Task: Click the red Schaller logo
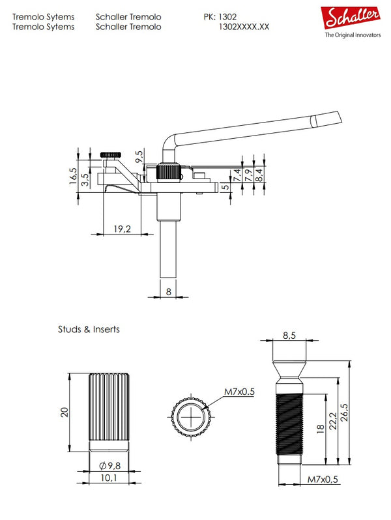click(x=352, y=19)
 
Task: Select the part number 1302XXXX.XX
click(x=242, y=27)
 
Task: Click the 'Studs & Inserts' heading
click(x=89, y=330)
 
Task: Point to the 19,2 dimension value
click(x=123, y=228)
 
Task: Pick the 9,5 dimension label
click(x=139, y=156)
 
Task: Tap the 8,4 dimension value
click(x=259, y=174)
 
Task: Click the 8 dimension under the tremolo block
click(x=169, y=293)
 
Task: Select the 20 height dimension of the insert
click(x=65, y=413)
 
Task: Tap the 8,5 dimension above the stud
click(x=289, y=336)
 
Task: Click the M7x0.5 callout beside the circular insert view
click(x=239, y=392)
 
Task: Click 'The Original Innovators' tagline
click(x=353, y=36)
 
